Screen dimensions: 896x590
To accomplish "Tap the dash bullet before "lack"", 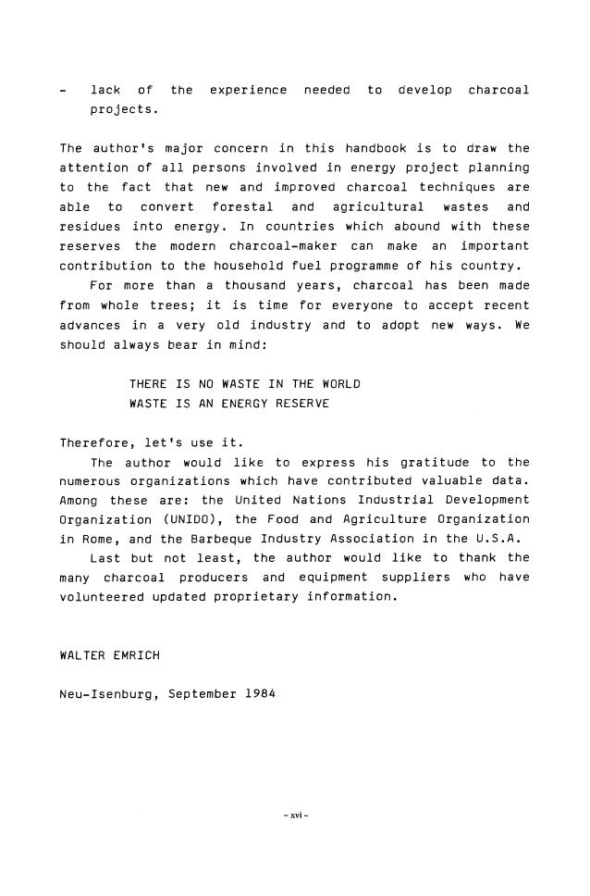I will (x=62, y=91).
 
